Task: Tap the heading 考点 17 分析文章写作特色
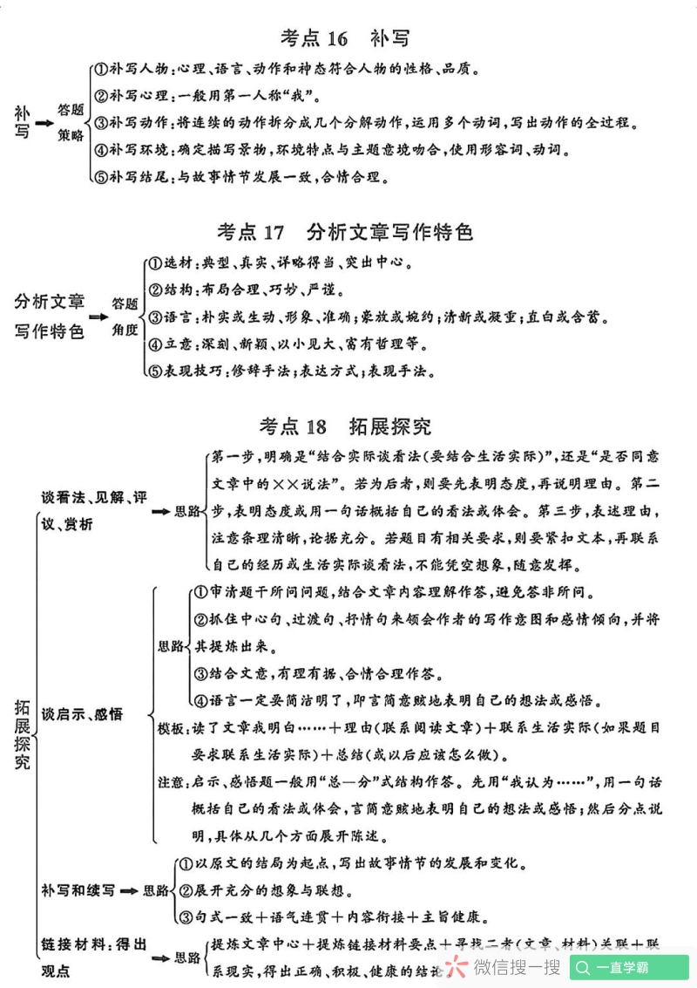point(345,233)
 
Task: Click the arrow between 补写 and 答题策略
point(44,123)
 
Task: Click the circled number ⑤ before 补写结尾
point(100,177)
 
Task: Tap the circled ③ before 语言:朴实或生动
point(155,317)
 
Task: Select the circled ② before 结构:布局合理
point(155,290)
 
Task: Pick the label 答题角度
point(125,317)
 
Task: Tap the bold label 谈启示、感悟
point(83,714)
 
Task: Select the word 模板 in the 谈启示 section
point(171,727)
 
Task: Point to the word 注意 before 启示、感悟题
point(171,780)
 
